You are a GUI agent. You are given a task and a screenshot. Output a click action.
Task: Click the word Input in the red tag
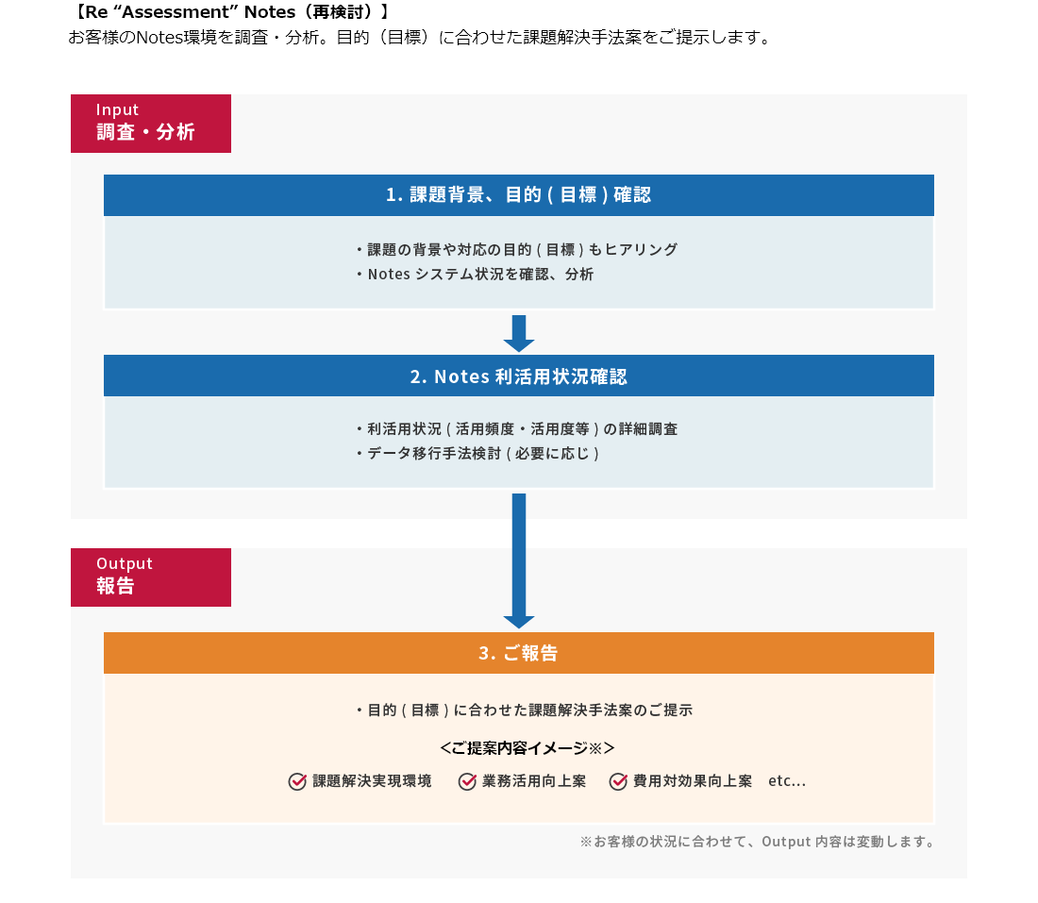click(x=117, y=110)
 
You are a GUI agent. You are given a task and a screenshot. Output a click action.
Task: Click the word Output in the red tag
click(x=124, y=563)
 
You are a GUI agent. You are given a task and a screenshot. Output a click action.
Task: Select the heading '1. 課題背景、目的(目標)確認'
click(x=518, y=195)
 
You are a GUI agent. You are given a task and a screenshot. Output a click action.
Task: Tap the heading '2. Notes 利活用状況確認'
click(x=518, y=376)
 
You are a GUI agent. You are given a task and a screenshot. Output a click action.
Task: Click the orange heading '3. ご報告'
click(x=518, y=653)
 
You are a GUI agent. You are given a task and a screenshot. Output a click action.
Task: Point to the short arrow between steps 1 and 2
click(x=519, y=333)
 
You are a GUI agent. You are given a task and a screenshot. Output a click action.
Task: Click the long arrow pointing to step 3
click(x=519, y=560)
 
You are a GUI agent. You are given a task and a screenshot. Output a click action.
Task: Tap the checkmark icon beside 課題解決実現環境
click(x=297, y=781)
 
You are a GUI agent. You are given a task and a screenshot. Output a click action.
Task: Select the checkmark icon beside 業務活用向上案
click(x=467, y=781)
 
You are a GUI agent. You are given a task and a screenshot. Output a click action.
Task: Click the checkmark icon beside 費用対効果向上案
click(x=618, y=781)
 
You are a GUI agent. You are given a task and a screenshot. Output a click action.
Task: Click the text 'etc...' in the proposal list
click(x=787, y=781)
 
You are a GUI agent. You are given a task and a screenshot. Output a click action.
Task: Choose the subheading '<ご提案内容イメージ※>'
click(x=527, y=748)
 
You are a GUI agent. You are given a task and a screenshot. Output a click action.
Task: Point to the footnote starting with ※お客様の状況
click(x=757, y=841)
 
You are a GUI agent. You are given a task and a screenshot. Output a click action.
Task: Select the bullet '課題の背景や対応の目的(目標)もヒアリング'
click(x=517, y=250)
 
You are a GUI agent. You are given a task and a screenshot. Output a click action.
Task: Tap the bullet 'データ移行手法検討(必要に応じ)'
click(x=478, y=453)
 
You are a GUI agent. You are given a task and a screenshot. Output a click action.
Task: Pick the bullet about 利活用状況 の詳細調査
click(x=517, y=428)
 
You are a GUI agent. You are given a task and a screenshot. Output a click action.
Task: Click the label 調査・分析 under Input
click(x=145, y=132)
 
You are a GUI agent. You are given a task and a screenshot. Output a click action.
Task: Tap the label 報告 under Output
click(x=115, y=586)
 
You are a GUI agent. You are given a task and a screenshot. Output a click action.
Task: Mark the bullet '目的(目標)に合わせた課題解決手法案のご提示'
click(x=524, y=710)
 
